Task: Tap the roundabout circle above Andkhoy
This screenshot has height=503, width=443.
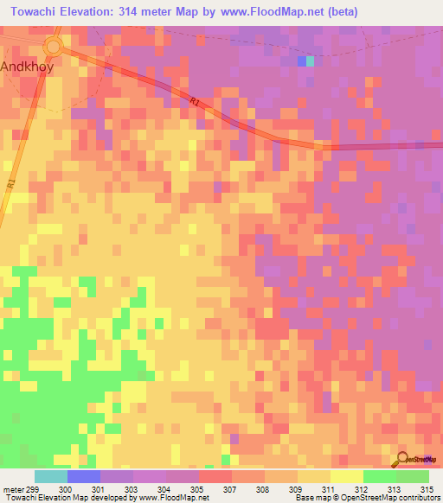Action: point(54,48)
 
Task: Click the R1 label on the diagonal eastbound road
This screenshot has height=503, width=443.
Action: point(195,103)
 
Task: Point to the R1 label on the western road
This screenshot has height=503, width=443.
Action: point(11,184)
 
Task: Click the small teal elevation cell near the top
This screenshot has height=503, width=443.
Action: point(310,61)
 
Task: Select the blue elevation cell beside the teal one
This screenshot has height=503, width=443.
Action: point(301,61)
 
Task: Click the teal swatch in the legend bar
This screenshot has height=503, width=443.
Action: point(51,476)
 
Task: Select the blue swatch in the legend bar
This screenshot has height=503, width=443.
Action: point(84,476)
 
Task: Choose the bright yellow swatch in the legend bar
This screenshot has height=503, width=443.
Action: point(346,476)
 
